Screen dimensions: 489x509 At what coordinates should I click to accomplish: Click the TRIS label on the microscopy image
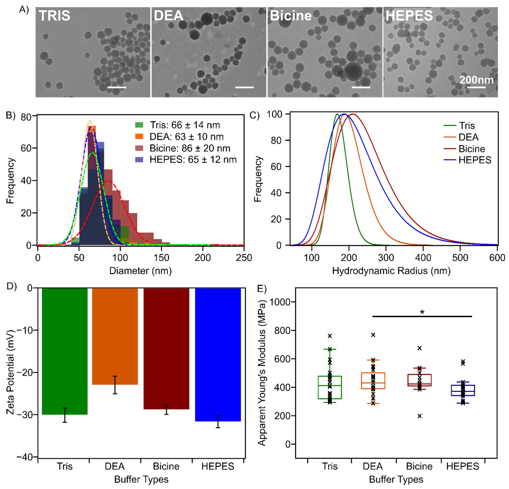55,16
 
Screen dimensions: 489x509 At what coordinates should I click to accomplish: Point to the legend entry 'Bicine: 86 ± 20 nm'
190,148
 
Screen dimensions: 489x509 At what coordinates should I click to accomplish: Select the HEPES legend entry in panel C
475,160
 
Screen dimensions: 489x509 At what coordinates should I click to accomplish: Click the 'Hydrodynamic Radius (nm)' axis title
391,271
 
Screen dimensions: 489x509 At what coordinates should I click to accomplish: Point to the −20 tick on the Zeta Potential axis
26,372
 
